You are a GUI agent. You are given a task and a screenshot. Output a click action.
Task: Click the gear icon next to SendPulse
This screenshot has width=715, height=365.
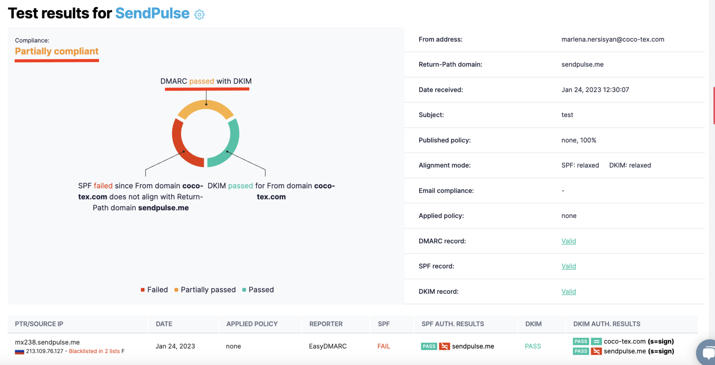[199, 14]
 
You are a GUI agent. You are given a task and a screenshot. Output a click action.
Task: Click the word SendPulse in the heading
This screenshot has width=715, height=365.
[152, 13]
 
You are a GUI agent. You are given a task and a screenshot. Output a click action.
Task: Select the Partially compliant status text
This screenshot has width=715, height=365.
[57, 51]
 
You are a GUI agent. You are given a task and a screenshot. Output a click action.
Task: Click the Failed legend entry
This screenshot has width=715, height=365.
[154, 290]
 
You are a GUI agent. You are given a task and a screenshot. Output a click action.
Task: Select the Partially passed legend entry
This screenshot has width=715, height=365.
[205, 290]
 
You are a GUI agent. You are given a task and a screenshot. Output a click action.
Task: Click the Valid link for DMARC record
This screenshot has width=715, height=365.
[568, 241]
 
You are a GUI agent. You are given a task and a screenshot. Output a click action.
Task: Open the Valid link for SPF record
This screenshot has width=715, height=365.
[568, 266]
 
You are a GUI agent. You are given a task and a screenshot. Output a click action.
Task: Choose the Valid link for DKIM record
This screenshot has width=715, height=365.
[568, 292]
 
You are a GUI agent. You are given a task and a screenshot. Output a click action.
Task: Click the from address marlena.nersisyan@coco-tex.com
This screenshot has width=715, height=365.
[612, 39]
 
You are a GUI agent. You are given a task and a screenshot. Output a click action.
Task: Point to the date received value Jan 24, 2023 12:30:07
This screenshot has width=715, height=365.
[595, 90]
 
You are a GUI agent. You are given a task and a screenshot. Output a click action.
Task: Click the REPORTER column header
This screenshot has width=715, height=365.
[326, 324]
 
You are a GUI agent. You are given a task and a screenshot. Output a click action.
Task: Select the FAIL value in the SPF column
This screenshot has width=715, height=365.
[383, 346]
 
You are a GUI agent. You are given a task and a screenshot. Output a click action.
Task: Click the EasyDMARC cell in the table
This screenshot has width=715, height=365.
[328, 346]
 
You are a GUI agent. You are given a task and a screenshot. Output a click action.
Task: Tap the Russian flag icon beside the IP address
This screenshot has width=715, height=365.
[19, 351]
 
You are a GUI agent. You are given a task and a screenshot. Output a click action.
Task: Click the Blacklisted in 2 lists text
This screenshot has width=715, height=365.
[94, 351]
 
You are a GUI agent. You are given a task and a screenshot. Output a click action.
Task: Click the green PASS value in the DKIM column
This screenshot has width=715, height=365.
[533, 346]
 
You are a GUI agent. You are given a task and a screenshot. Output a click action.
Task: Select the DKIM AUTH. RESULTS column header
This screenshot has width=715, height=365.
[606, 324]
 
